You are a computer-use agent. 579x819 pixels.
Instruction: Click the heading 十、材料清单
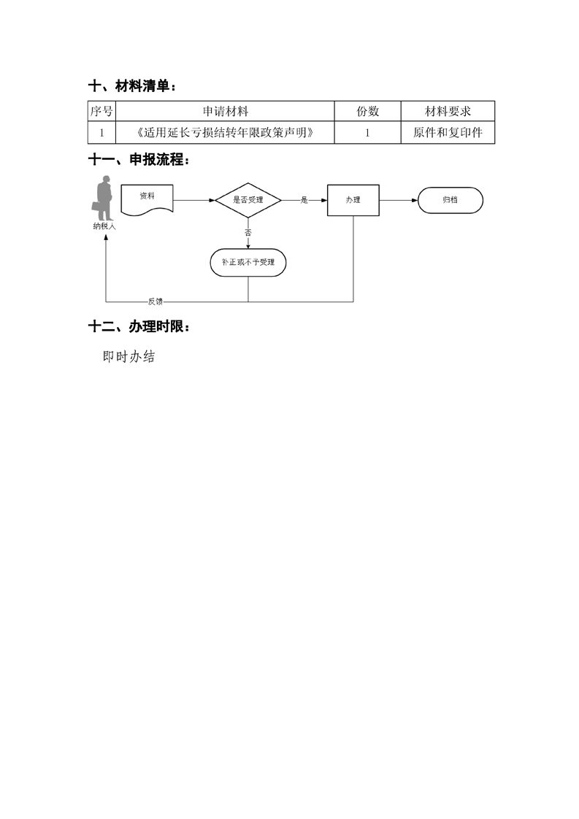(131, 86)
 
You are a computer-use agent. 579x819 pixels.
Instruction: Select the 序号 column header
(101, 111)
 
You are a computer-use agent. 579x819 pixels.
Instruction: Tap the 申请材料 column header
(225, 111)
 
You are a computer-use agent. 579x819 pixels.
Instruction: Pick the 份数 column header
(367, 111)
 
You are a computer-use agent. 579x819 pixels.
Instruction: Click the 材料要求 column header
(448, 111)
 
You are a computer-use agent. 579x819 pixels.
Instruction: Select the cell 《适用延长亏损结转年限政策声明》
(225, 133)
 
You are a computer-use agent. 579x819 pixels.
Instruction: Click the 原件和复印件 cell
(448, 133)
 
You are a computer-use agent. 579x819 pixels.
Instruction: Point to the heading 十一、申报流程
(139, 160)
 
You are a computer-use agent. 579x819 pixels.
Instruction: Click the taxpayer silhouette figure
(103, 198)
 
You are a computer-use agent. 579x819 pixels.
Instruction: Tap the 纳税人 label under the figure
(104, 226)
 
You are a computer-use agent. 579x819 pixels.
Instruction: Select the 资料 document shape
(147, 199)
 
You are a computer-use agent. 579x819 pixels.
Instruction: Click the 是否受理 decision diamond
(248, 200)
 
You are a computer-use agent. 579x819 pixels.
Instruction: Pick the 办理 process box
(353, 200)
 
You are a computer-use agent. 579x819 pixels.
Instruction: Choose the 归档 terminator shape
(450, 200)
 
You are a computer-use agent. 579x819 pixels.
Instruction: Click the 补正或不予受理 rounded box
(248, 262)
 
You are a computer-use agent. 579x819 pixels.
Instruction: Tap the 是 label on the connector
(304, 200)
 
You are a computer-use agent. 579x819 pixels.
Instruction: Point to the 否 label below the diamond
(248, 232)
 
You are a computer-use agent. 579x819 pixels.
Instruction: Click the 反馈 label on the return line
(156, 301)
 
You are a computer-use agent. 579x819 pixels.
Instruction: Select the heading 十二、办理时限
(139, 327)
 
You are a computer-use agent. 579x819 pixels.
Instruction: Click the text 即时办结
(129, 357)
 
